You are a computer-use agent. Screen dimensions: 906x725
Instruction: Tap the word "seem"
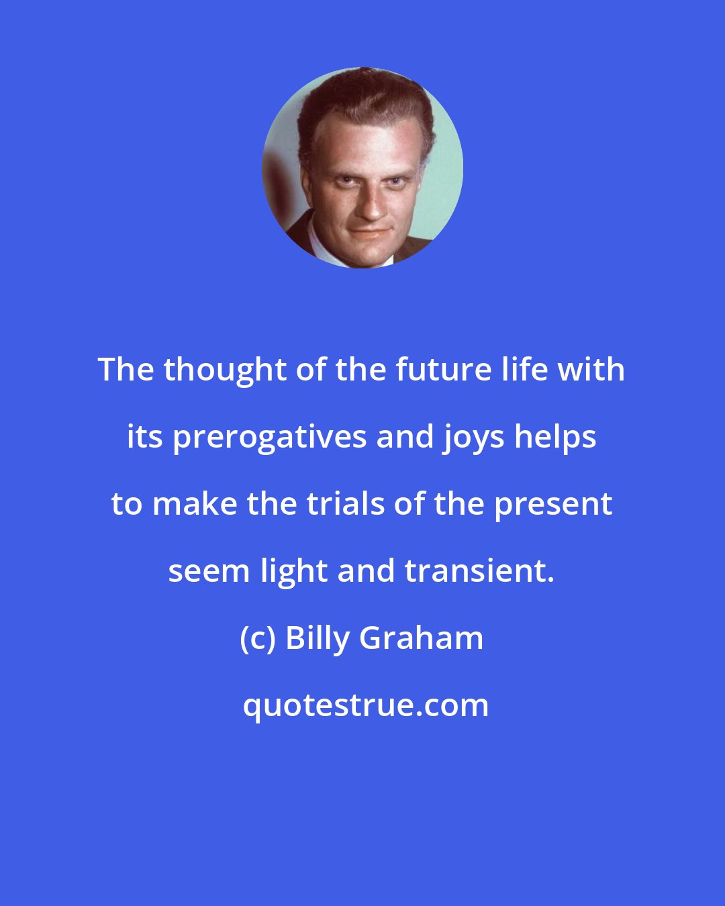point(209,571)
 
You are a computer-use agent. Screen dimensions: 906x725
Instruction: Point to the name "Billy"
point(318,638)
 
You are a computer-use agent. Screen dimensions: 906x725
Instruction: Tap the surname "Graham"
point(422,638)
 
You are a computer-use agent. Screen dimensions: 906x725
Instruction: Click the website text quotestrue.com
point(366,706)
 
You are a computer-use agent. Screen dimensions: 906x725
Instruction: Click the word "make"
point(195,504)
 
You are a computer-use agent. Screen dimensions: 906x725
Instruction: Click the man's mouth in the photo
point(367,232)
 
